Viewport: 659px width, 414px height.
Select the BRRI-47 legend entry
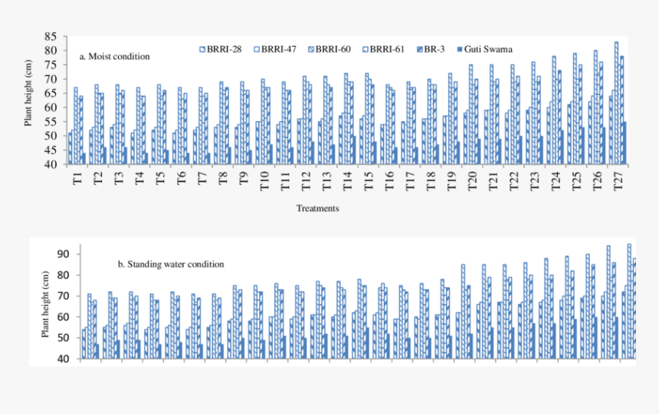click(x=280, y=49)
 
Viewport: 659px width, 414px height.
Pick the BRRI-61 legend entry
click(x=388, y=49)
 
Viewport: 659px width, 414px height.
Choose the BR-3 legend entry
click(x=434, y=49)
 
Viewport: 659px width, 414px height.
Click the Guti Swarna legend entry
click(x=485, y=49)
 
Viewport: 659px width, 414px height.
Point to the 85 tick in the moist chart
click(x=51, y=36)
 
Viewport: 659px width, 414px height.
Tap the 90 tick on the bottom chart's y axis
click(x=63, y=254)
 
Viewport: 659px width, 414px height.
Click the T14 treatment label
click(x=346, y=182)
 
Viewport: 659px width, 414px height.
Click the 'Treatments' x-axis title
click(x=318, y=208)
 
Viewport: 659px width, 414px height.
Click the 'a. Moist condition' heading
click(x=115, y=56)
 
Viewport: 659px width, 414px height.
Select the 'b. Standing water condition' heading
click(x=171, y=264)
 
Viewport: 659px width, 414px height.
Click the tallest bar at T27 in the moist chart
click(x=616, y=103)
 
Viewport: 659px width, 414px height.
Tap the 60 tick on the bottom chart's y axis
click(x=63, y=317)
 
